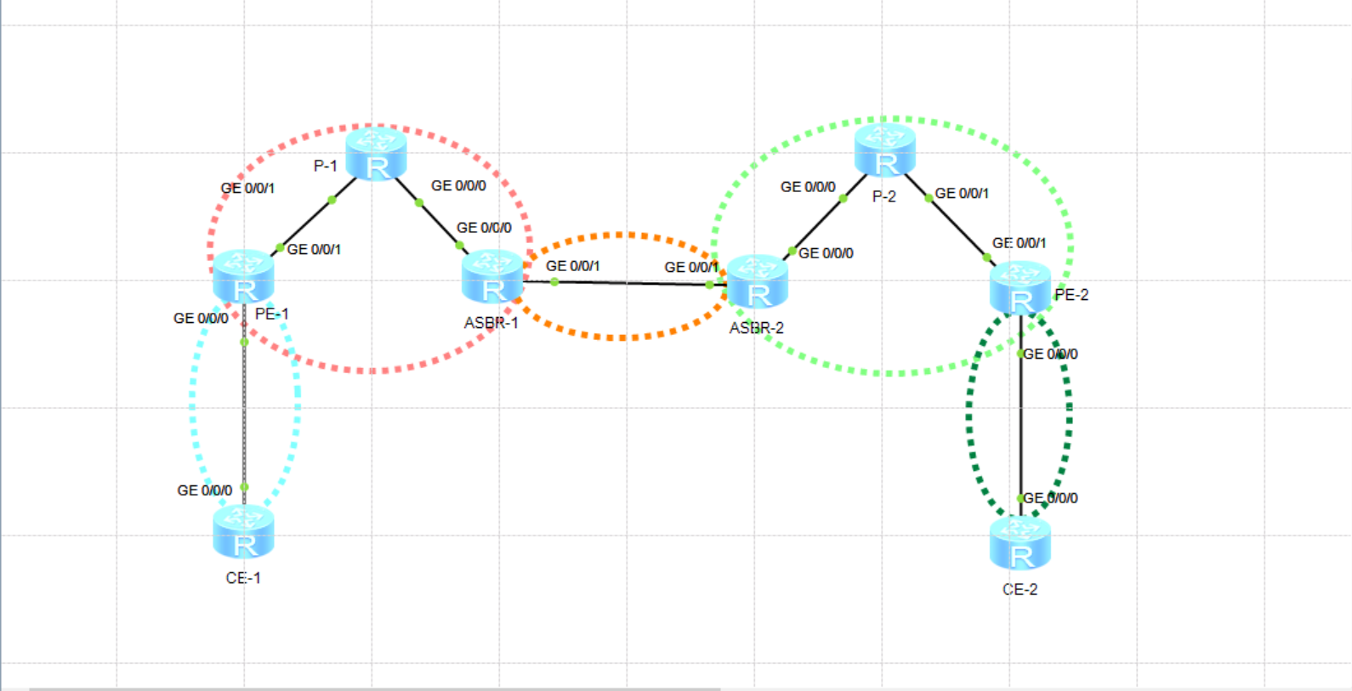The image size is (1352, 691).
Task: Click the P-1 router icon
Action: (x=376, y=154)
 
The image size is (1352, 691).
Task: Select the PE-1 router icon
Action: (x=244, y=277)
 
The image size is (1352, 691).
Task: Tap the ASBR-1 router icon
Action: (x=492, y=277)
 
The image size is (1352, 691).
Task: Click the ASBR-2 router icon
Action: (x=758, y=281)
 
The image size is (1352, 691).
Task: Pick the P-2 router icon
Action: (x=884, y=150)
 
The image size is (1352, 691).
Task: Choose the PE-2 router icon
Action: (x=1020, y=288)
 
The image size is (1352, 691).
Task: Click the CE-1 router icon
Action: (x=244, y=532)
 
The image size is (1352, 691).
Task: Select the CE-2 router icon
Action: (x=1020, y=543)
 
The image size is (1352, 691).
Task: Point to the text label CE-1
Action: (x=243, y=578)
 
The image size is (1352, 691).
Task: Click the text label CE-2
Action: (x=1020, y=590)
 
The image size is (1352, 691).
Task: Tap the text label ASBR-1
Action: (x=491, y=323)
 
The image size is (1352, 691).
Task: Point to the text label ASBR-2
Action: (x=757, y=328)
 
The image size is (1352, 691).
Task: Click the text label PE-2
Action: (x=1071, y=295)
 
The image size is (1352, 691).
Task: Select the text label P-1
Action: (x=326, y=166)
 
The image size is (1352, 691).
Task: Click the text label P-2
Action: (x=884, y=196)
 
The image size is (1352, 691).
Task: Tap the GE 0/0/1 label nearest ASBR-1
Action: (x=572, y=266)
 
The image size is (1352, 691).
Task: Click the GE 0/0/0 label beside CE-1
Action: (x=204, y=490)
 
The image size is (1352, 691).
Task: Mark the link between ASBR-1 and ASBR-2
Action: (x=629, y=283)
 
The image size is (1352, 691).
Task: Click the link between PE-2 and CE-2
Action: (x=1020, y=425)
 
